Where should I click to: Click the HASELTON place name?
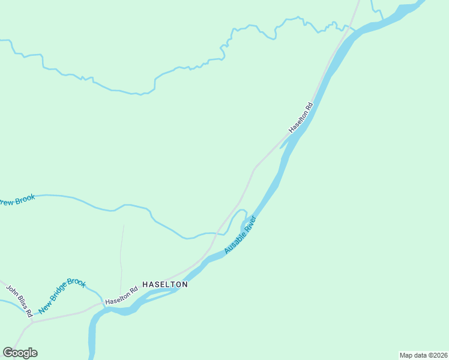coord(164,284)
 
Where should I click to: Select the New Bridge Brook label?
coord(62,296)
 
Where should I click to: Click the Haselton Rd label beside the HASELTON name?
coord(121,295)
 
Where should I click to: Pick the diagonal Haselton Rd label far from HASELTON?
coord(301,118)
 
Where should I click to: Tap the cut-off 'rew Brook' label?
coord(17,200)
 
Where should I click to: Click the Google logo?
coord(20,353)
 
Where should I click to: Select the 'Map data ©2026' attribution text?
coord(423,355)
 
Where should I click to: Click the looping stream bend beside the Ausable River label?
coord(240,212)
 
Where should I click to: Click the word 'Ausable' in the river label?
coord(234,242)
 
